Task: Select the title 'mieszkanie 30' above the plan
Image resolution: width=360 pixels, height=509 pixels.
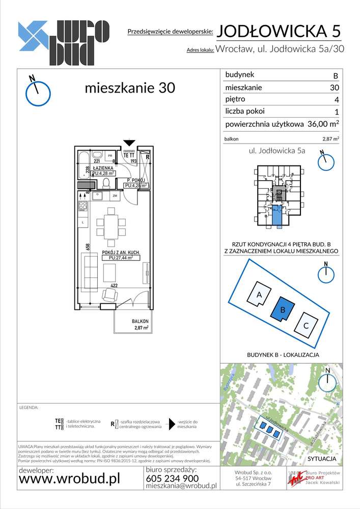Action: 129,88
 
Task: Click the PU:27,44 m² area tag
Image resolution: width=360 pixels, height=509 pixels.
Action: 117,258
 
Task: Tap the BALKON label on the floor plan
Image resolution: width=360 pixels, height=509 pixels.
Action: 140,321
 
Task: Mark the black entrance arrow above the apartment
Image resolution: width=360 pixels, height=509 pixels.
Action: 130,143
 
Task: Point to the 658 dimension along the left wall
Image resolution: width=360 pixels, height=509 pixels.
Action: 88,247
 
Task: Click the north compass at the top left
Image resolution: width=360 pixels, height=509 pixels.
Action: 38,92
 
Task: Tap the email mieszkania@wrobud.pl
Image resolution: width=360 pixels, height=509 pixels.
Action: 181,486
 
